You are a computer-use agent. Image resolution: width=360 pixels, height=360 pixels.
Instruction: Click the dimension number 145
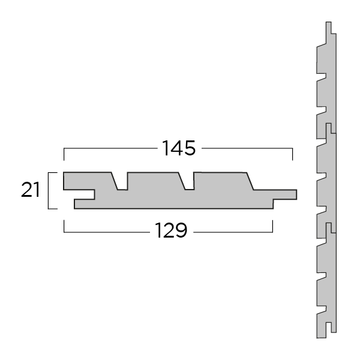(x=179, y=148)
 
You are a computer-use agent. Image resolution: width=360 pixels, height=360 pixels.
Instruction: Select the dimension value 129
(x=172, y=230)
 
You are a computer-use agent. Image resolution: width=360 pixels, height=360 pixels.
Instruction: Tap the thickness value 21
(x=30, y=190)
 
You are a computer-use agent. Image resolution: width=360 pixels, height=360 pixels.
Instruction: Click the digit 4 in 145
(x=179, y=148)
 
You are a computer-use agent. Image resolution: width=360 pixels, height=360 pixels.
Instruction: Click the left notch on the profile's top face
(x=122, y=182)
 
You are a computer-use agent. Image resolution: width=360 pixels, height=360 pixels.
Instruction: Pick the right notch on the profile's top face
(x=188, y=182)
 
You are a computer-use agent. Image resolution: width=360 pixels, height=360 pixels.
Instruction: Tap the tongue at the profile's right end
(x=286, y=194)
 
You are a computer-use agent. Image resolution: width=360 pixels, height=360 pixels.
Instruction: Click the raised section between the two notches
(x=155, y=180)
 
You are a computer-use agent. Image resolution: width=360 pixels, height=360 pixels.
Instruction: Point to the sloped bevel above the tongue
(x=253, y=181)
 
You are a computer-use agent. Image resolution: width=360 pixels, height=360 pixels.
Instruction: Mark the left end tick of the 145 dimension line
(x=64, y=154)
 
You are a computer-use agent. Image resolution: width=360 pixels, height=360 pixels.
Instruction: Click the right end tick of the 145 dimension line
(x=292, y=154)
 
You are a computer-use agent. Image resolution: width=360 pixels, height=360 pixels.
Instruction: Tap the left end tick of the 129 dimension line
(x=64, y=226)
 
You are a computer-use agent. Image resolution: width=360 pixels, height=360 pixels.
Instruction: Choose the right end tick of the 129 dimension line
(x=273, y=226)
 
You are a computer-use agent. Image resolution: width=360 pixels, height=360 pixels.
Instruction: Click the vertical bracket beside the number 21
(x=50, y=190)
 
